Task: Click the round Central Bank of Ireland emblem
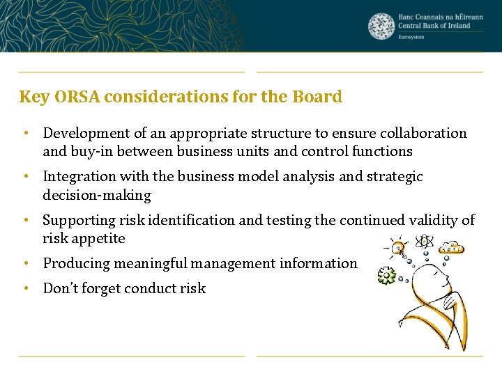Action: pyautogui.click(x=381, y=26)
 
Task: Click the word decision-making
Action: pyautogui.click(x=96, y=195)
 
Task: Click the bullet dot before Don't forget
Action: pyautogui.click(x=24, y=288)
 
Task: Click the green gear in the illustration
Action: pyautogui.click(x=386, y=276)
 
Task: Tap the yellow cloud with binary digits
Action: pyautogui.click(x=452, y=247)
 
